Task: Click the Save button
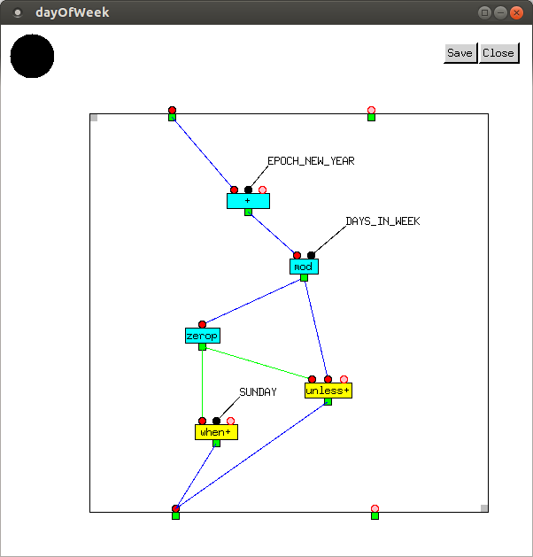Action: (460, 53)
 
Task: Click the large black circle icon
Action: (32, 56)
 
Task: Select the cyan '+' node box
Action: (248, 201)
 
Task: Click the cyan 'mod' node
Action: (304, 267)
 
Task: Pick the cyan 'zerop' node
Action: (202, 336)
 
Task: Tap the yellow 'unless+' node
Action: (328, 391)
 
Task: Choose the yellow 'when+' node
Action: (216, 432)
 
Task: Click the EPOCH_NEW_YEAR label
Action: (311, 161)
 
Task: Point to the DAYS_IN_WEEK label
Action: (382, 221)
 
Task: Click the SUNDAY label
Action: (258, 392)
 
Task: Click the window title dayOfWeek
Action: (73, 12)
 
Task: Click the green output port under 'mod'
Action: (304, 278)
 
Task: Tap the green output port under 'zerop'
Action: (202, 347)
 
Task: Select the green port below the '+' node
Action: (248, 213)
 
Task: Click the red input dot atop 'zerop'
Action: (202, 325)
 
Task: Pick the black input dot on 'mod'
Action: (311, 256)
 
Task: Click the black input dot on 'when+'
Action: (216, 422)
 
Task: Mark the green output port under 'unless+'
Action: (328, 402)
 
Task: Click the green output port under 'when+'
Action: (216, 444)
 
